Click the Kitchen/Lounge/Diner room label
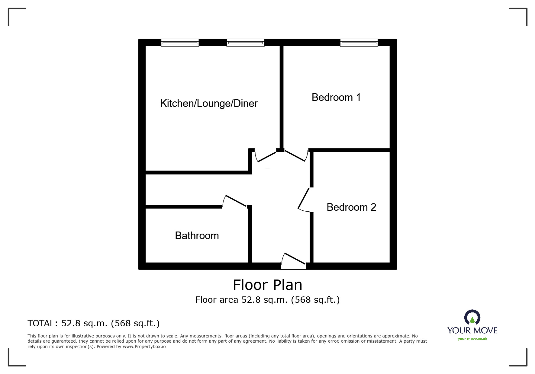tap(209, 104)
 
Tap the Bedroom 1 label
tap(336, 97)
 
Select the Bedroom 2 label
tap(351, 207)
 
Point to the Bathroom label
tap(197, 236)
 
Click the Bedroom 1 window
tap(359, 43)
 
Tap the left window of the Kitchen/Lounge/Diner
tap(180, 43)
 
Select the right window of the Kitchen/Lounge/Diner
tap(245, 43)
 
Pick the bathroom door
tap(235, 201)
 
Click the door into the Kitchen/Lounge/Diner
tap(266, 156)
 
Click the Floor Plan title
tap(267, 285)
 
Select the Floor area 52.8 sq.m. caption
tap(267, 300)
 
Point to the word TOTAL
tap(42, 324)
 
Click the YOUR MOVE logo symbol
tap(472, 318)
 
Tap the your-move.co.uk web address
tap(472, 339)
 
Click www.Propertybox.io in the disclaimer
tap(144, 347)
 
